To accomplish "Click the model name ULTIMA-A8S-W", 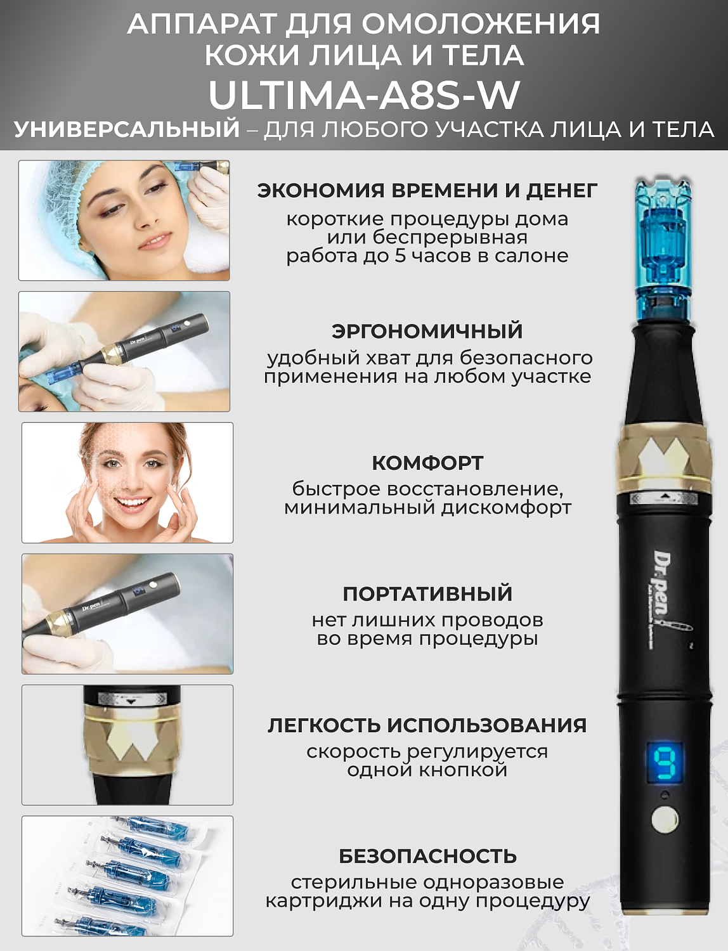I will pyautogui.click(x=364, y=95).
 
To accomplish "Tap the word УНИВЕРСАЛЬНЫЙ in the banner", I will pyautogui.click(x=127, y=129).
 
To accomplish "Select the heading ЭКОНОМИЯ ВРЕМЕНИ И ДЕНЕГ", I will pyautogui.click(x=427, y=190).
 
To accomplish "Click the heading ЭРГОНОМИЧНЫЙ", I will pyautogui.click(x=427, y=331).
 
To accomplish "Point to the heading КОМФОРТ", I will pyautogui.click(x=427, y=463).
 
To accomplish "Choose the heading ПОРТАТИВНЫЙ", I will pyautogui.click(x=427, y=593).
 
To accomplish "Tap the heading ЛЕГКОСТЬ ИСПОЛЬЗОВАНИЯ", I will pyautogui.click(x=427, y=725).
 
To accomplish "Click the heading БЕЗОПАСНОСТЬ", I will pyautogui.click(x=427, y=856).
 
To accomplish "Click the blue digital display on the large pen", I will pyautogui.click(x=665, y=763).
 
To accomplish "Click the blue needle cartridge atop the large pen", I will pyautogui.click(x=663, y=247).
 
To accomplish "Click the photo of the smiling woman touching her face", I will pyautogui.click(x=127, y=482).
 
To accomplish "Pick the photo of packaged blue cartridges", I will pyautogui.click(x=127, y=876).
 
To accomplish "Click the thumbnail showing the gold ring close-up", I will pyautogui.click(x=127, y=744).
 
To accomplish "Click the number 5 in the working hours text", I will pyautogui.click(x=400, y=256).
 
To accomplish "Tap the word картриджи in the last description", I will pyautogui.click(x=317, y=901).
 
